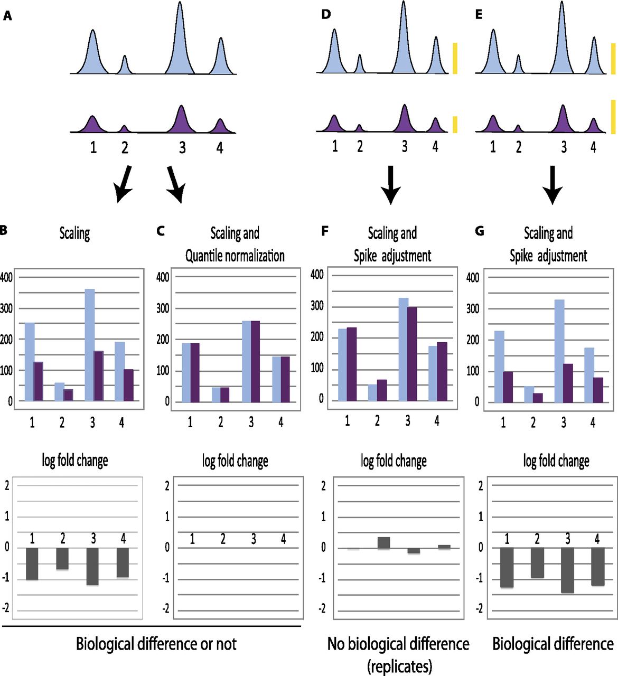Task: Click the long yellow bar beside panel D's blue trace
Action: point(455,58)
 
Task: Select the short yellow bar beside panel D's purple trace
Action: point(455,124)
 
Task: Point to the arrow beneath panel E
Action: point(552,185)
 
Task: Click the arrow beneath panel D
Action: point(391,185)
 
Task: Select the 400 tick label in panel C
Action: point(163,277)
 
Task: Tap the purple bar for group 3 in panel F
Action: point(411,354)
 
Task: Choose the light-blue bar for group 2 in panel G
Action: point(529,394)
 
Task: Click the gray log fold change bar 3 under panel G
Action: point(568,570)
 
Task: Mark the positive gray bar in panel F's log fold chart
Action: point(383,543)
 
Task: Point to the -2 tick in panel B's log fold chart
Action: point(6,608)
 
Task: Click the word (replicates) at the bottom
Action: point(399,666)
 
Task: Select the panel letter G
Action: point(480,231)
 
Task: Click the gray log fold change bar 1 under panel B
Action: point(32,564)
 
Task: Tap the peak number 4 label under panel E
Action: point(593,147)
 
